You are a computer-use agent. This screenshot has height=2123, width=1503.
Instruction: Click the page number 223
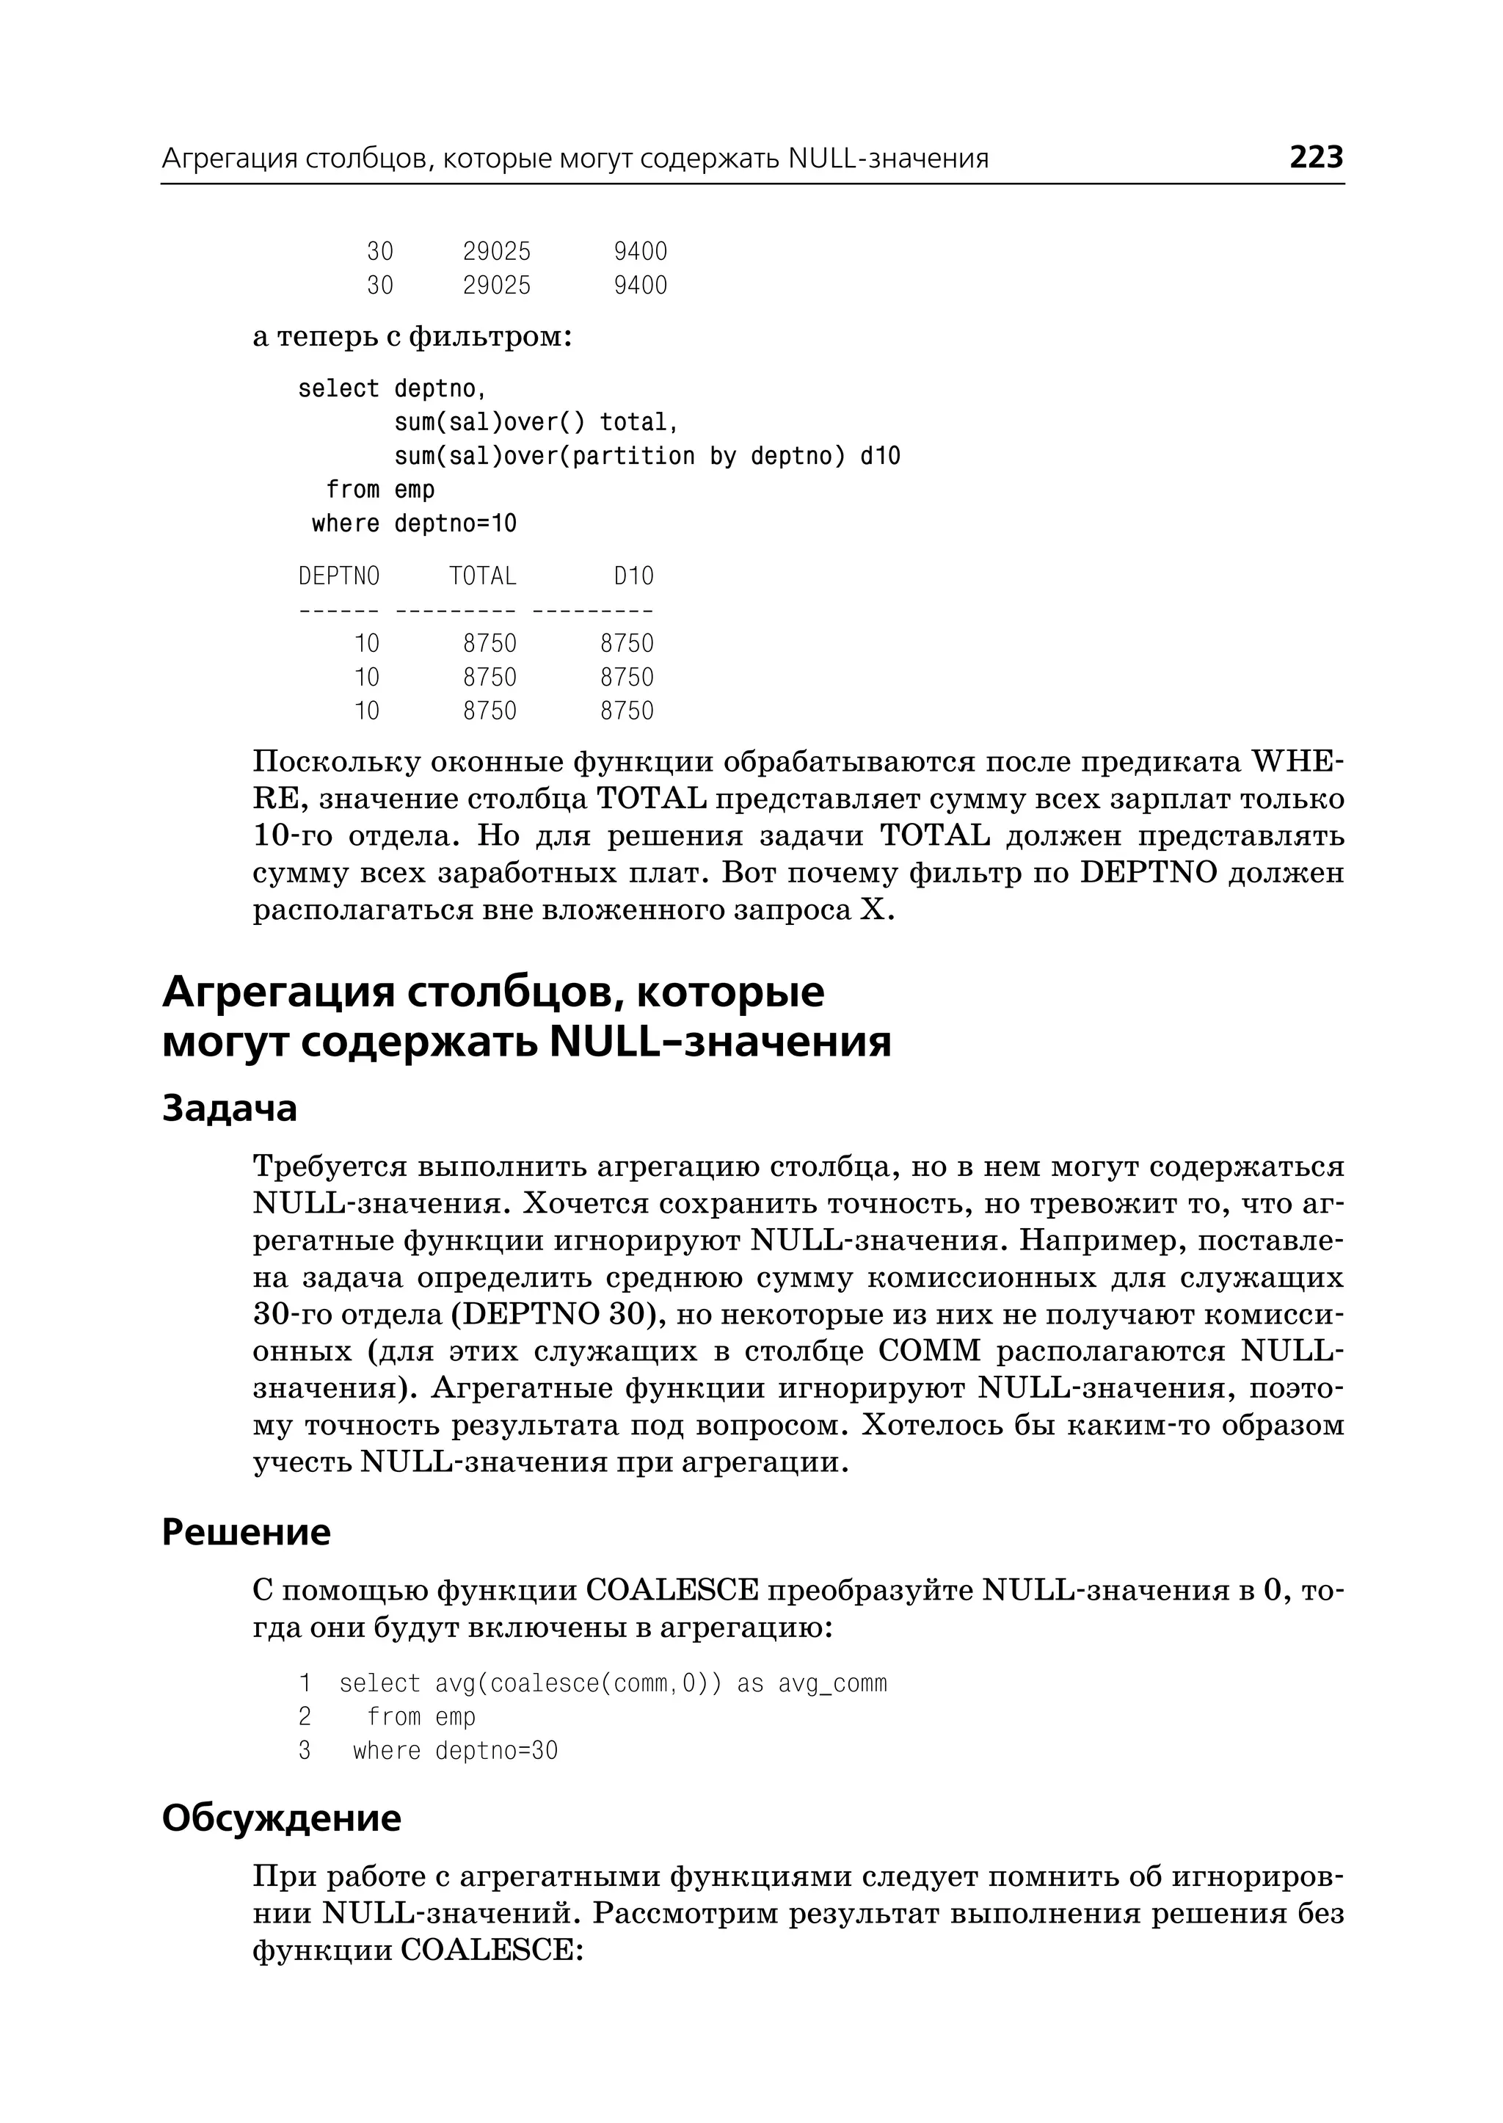[1315, 157]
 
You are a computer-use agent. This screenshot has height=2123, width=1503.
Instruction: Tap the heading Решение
[245, 1532]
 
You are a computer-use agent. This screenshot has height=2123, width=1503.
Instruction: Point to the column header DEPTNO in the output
[339, 577]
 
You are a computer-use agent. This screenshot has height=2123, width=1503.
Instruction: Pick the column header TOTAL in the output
[482, 577]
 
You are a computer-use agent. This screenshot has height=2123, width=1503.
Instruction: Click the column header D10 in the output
[633, 577]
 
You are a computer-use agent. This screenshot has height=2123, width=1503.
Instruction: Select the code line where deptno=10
[414, 524]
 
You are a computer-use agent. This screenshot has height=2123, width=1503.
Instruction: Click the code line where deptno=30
[454, 1751]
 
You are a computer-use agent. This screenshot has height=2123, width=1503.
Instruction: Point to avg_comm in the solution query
[832, 1683]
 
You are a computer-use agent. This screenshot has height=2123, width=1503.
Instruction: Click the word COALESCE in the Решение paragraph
[672, 1591]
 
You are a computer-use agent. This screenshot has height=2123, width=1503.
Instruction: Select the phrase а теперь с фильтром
[412, 337]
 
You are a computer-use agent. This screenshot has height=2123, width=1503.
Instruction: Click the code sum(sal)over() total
[536, 423]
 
